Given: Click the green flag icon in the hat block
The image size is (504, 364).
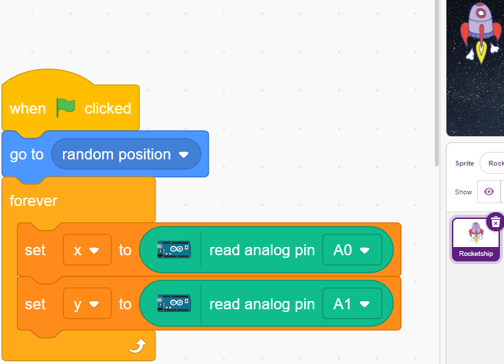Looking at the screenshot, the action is [66, 107].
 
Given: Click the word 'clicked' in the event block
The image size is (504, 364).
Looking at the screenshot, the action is [108, 109].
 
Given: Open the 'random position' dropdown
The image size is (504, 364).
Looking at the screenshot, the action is [126, 154].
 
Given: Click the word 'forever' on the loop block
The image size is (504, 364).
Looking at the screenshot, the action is [34, 200].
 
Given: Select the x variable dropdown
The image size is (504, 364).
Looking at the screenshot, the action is [87, 250].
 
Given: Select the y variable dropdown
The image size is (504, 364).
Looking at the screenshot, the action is [87, 304].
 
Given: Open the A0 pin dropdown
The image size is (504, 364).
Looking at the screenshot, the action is [352, 250].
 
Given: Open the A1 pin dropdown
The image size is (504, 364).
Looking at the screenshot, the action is [352, 304].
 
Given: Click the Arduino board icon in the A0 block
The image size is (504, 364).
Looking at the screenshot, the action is [174, 250].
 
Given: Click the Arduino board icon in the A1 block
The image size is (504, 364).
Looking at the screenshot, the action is [174, 303].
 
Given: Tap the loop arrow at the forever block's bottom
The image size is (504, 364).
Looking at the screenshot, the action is [138, 346].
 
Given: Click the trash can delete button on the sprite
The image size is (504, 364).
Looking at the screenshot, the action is [495, 222].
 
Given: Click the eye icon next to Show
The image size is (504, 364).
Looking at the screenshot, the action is [489, 192].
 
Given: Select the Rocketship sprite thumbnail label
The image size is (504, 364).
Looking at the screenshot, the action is [476, 253].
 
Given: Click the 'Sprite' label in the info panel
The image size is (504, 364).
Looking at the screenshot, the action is [464, 164].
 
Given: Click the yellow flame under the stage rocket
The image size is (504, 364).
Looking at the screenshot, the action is [481, 51].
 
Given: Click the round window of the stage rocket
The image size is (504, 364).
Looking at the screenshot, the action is [481, 13].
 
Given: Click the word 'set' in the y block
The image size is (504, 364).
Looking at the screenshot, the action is [35, 304].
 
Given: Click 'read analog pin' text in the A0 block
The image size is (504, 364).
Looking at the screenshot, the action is [262, 250].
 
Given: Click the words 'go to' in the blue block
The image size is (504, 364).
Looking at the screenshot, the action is [27, 155].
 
